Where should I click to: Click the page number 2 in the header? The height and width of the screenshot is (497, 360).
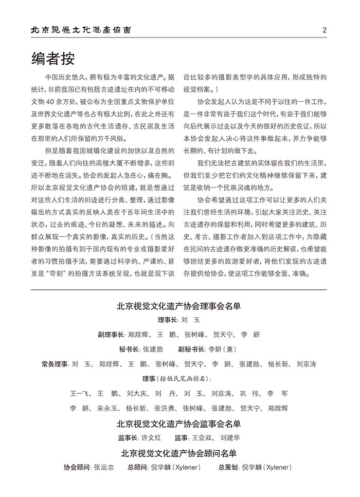325,30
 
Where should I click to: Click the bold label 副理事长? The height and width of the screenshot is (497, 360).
111,335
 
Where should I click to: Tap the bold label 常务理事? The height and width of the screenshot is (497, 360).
55,364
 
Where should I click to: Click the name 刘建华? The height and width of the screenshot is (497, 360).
229,438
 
